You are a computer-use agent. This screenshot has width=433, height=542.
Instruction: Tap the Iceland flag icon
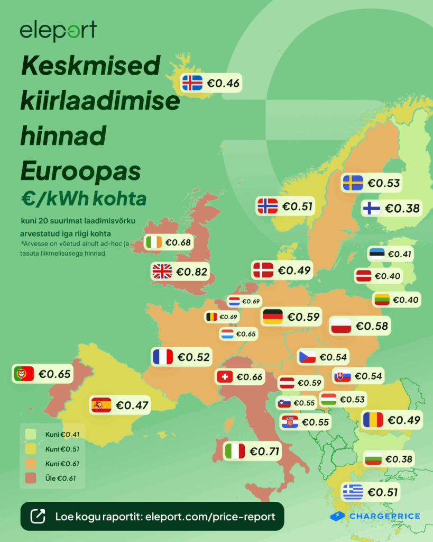(x=192, y=83)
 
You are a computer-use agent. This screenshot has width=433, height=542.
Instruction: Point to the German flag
(x=273, y=317)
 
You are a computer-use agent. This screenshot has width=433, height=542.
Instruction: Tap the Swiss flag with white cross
(x=225, y=377)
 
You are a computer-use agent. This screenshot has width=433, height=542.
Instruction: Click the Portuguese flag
(x=23, y=374)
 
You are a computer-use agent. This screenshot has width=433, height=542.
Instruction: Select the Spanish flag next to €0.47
(x=101, y=405)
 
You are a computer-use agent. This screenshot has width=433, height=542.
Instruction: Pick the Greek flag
(x=353, y=492)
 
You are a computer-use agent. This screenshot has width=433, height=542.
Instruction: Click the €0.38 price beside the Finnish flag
(x=402, y=209)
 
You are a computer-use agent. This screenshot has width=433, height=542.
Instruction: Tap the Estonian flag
(x=377, y=254)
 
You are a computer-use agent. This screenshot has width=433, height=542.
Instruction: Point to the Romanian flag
(x=373, y=420)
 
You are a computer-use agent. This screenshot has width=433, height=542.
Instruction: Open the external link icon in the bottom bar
(x=38, y=517)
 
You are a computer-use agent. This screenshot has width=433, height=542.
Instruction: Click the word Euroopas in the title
(x=81, y=171)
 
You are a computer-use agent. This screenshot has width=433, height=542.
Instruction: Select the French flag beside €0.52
(x=162, y=357)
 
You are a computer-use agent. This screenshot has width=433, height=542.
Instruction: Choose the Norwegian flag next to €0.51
(x=267, y=206)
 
